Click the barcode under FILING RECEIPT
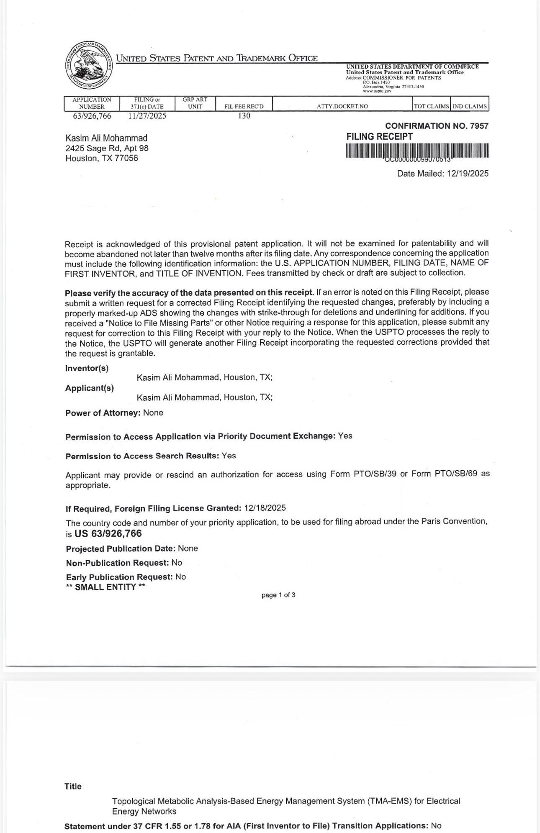coord(417,151)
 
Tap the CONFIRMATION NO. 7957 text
coord(437,126)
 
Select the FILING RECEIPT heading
coord(380,137)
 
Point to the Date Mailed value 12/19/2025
coord(467,174)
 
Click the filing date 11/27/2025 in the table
coord(147,116)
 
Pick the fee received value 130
coord(244,116)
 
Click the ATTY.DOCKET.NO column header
coord(342,106)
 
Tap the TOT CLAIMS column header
coord(432,106)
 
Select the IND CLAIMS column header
coord(470,106)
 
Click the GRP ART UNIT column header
coord(195,103)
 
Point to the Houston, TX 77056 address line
coord(102,158)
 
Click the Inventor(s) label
coord(87,369)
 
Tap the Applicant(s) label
coord(90,388)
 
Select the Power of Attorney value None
coord(153,413)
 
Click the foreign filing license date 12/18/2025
coord(265,508)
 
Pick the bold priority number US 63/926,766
coord(108,533)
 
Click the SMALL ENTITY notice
coord(105,587)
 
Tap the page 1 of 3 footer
coord(278,595)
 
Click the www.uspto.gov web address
coord(377,91)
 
